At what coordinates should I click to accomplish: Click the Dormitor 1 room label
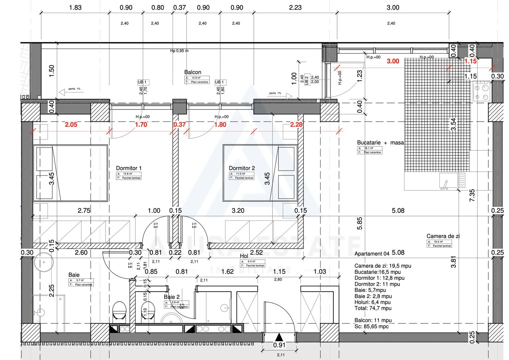click(x=129, y=168)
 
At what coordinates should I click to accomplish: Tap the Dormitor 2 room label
click(x=242, y=168)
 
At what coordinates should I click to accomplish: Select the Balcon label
click(x=193, y=72)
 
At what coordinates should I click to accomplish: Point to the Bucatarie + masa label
click(x=380, y=143)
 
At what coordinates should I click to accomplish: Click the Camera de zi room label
click(x=443, y=236)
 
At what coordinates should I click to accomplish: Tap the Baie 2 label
click(x=172, y=297)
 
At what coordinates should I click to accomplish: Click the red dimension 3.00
click(x=393, y=61)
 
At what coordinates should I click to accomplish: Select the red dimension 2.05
click(x=71, y=125)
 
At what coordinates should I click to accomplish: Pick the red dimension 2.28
click(x=296, y=125)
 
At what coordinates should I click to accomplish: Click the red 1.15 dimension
click(x=470, y=61)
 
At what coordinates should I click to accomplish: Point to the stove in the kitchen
click(x=481, y=92)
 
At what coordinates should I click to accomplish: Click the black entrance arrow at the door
click(x=279, y=337)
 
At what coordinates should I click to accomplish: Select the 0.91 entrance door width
click(x=279, y=345)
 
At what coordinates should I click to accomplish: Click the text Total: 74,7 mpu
click(x=373, y=308)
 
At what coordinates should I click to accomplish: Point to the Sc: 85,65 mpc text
click(x=371, y=327)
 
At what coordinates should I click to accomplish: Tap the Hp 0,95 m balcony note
click(x=179, y=51)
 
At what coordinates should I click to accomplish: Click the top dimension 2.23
click(x=295, y=8)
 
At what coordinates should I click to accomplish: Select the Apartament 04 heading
click(x=372, y=254)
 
